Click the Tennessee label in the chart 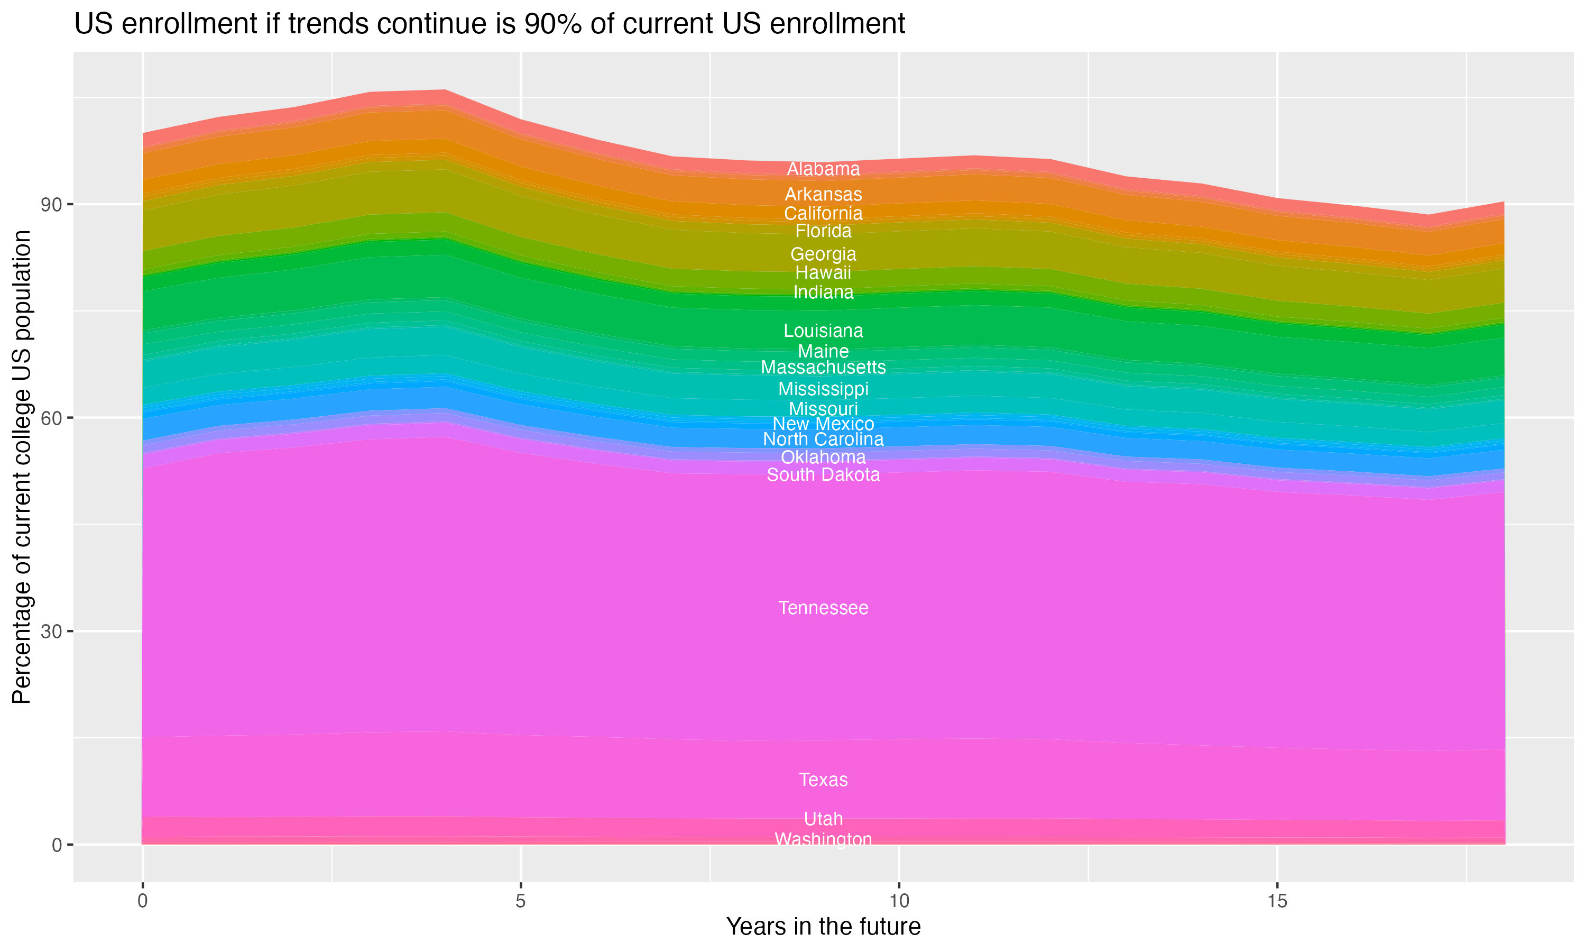pyautogui.click(x=823, y=608)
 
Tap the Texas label pyautogui.click(x=823, y=780)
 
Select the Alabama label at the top pyautogui.click(x=823, y=169)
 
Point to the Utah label pyautogui.click(x=823, y=819)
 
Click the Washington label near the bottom pyautogui.click(x=823, y=839)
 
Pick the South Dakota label pyautogui.click(x=823, y=475)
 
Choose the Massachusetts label pyautogui.click(x=823, y=367)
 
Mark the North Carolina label pyautogui.click(x=823, y=440)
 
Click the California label pyautogui.click(x=823, y=213)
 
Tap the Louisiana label pyautogui.click(x=823, y=331)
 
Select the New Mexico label pyautogui.click(x=823, y=424)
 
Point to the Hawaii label pyautogui.click(x=823, y=272)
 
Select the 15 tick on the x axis pyautogui.click(x=1277, y=901)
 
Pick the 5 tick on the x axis pyautogui.click(x=521, y=901)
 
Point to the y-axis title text pyautogui.click(x=22, y=466)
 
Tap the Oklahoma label pyautogui.click(x=823, y=457)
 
